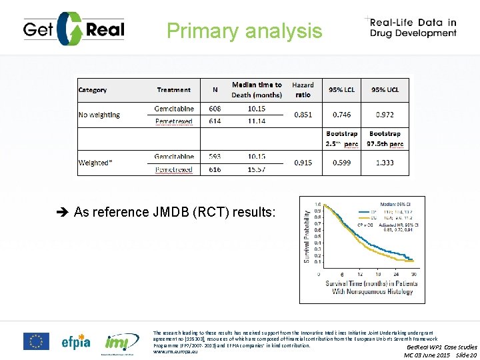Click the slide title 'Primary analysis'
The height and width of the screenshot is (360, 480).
[244, 31]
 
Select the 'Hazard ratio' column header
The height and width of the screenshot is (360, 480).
[303, 90]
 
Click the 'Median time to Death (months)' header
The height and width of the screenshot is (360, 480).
[257, 90]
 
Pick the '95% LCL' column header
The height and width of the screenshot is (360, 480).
[343, 90]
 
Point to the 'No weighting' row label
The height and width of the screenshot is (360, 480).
[99, 115]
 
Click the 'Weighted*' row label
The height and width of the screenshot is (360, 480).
[95, 163]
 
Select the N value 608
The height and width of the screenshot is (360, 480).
[215, 109]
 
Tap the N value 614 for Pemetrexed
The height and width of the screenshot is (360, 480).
[215, 121]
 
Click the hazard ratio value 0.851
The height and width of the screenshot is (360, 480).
[303, 115]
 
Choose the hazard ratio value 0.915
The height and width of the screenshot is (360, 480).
[303, 163]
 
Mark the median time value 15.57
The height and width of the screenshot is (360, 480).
[257, 169]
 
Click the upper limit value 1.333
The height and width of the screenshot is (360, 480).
[385, 163]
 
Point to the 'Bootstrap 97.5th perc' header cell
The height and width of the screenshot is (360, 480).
[385, 139]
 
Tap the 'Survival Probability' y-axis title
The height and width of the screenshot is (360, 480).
[307, 236]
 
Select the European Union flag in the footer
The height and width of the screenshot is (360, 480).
[36, 341]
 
